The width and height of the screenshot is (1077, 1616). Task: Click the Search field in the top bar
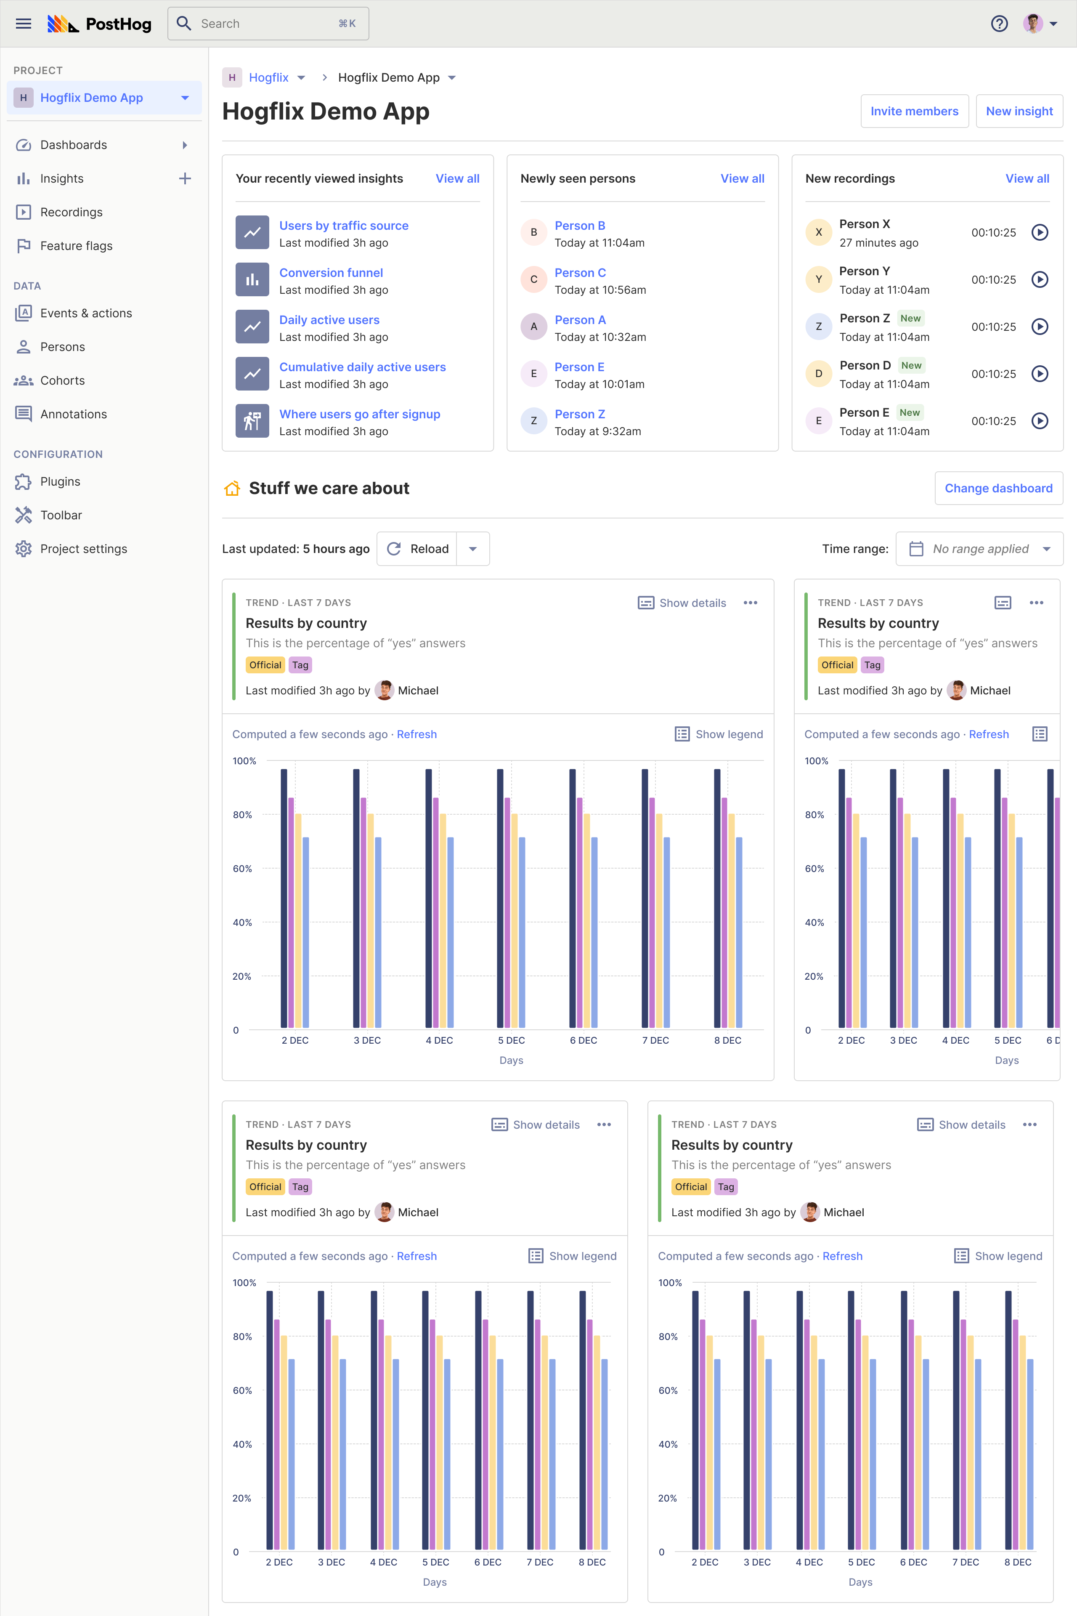tap(268, 24)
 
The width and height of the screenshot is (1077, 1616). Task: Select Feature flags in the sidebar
tap(76, 246)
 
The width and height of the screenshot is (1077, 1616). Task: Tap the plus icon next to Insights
tap(185, 178)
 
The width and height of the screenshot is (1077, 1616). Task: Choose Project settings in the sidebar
tap(83, 549)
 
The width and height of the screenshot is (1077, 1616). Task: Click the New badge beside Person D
tap(911, 366)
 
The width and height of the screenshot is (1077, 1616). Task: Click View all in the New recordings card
tap(1027, 178)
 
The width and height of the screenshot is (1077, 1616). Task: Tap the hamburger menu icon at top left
tap(24, 24)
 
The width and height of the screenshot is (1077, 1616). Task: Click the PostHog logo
tap(100, 24)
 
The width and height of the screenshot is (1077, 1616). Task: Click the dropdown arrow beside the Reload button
tap(472, 549)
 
